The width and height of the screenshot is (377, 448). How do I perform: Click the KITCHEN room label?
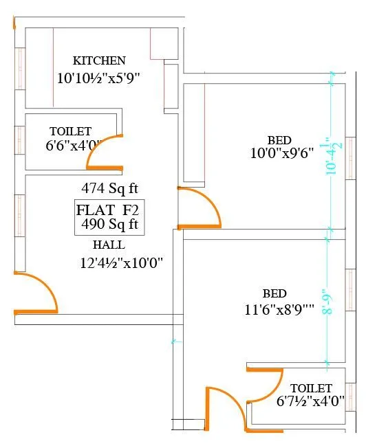pos(99,60)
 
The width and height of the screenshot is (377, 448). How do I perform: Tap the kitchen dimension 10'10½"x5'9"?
pos(98,78)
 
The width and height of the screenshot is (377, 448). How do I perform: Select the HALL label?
pos(109,245)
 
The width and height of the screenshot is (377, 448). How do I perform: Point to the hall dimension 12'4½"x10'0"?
pos(121,263)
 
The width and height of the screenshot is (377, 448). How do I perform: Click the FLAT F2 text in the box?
pos(107,210)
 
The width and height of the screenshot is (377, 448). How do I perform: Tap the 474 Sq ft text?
pos(109,188)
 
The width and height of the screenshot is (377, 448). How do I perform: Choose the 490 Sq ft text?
pos(109,224)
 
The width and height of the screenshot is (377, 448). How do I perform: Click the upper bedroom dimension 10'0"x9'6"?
pos(282,153)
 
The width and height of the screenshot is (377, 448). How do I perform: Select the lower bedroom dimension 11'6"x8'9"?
pos(279,309)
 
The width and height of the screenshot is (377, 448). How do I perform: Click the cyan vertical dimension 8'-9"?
pos(328,302)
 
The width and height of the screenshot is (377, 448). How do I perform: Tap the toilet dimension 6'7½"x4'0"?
pos(310,401)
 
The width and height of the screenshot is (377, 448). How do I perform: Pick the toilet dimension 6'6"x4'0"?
pos(74,146)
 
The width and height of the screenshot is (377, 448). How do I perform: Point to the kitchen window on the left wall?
pos(20,69)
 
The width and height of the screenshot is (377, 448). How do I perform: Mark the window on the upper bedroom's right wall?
pos(350,158)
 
